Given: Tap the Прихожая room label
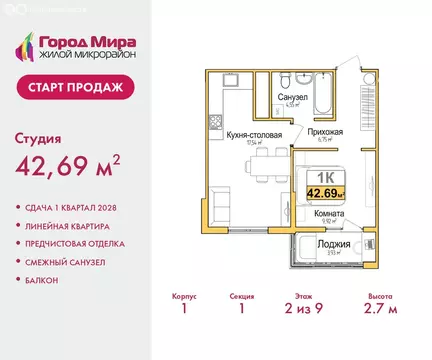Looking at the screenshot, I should click(x=325, y=131).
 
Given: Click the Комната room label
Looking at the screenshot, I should click(x=329, y=213).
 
